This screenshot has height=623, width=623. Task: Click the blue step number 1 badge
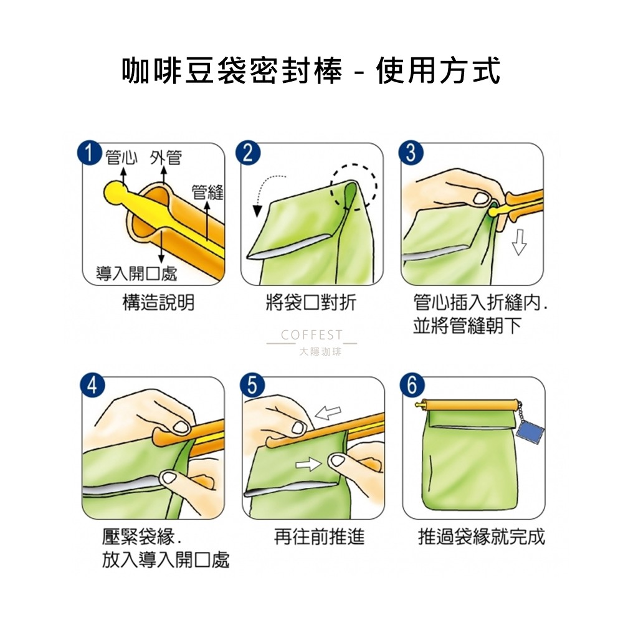[89, 153]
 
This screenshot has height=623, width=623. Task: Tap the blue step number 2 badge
[248, 153]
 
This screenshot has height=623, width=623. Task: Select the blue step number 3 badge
[411, 153]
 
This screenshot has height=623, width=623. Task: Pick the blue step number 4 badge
[92, 386]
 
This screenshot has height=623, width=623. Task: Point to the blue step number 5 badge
[252, 386]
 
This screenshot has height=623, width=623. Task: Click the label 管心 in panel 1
[121, 158]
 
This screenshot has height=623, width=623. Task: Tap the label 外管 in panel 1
[166, 158]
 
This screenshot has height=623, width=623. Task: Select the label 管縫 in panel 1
[207, 193]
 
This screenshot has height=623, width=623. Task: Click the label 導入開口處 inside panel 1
[136, 273]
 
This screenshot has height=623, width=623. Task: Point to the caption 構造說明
[158, 303]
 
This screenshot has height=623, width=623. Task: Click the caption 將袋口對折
[311, 303]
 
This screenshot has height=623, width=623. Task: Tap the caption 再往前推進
[319, 537]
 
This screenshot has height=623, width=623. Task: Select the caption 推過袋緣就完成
[482, 537]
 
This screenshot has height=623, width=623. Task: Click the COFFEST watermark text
[311, 335]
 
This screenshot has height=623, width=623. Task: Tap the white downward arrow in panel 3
[520, 242]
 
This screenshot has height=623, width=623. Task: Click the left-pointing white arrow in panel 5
[328, 412]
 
